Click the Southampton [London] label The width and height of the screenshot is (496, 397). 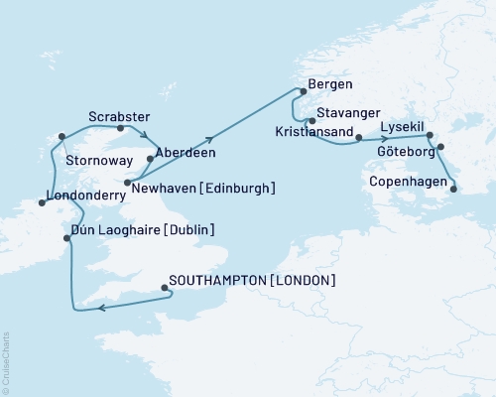point(252,281)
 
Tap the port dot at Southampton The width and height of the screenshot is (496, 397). point(164,289)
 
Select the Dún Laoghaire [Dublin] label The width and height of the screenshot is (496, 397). point(139,230)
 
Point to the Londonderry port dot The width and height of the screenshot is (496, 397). point(43,202)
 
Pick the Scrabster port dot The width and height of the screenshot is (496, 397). point(120,128)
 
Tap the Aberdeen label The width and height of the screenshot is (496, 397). point(186,154)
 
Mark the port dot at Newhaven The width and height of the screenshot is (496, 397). point(128,182)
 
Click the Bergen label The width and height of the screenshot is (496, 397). point(331,85)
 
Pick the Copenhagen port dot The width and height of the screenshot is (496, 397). point(453,187)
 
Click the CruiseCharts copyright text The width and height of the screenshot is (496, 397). point(5,362)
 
